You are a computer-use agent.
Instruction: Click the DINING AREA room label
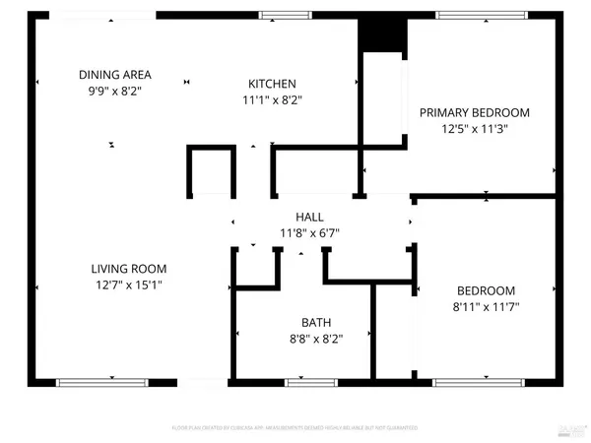(x=114, y=75)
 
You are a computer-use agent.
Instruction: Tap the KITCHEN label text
(x=272, y=85)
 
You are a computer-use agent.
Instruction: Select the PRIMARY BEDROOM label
(x=475, y=112)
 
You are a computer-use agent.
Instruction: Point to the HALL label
(x=309, y=217)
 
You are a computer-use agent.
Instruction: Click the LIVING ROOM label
(x=129, y=269)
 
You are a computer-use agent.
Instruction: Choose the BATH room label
(x=316, y=322)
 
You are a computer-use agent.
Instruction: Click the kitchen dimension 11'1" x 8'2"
(x=272, y=100)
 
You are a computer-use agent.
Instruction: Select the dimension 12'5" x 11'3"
(x=475, y=129)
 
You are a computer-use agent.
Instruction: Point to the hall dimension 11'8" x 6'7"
(x=309, y=233)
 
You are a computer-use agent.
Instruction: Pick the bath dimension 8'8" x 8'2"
(x=316, y=338)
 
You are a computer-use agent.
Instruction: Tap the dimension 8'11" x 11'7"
(x=486, y=307)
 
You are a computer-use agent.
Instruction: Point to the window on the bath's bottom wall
(x=304, y=381)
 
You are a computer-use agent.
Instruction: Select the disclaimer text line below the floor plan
(x=295, y=428)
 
